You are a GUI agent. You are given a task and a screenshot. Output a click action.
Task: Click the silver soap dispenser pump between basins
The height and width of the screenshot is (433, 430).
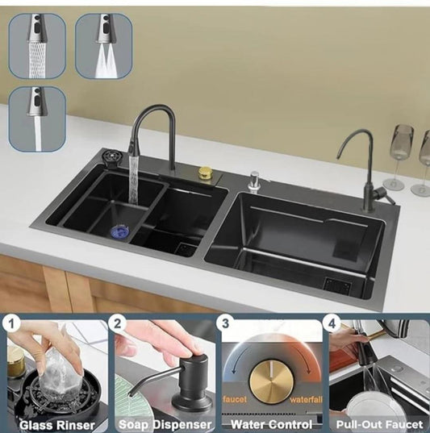pyautogui.click(x=255, y=181)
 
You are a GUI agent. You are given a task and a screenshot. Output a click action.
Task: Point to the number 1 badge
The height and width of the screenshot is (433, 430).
pyautogui.click(x=11, y=323)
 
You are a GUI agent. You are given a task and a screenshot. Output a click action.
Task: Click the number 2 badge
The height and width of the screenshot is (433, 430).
pyautogui.click(x=118, y=323)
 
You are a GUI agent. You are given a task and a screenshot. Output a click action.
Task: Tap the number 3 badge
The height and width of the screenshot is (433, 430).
pyautogui.click(x=225, y=323)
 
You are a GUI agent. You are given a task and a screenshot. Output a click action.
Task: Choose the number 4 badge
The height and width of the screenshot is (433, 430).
pyautogui.click(x=332, y=323)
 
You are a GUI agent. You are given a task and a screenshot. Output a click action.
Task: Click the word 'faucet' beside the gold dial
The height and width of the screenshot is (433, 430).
pyautogui.click(x=235, y=399)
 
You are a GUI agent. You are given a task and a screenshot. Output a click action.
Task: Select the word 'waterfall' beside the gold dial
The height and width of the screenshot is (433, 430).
pyautogui.click(x=306, y=399)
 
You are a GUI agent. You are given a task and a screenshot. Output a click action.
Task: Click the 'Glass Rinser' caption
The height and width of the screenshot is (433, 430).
pyautogui.click(x=57, y=425)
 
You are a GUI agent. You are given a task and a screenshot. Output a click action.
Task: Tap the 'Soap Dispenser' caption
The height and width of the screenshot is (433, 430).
pyautogui.click(x=165, y=425)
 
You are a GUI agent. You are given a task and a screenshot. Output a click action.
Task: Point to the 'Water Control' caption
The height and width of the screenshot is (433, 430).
pyautogui.click(x=272, y=424)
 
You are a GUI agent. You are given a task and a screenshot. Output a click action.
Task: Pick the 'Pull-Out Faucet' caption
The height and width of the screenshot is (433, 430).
pyautogui.click(x=379, y=424)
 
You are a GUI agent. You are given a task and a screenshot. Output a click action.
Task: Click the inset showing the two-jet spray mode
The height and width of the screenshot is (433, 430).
pyautogui.click(x=103, y=46)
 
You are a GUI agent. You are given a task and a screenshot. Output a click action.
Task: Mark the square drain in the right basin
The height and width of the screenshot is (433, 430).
pyautogui.click(x=337, y=285)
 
